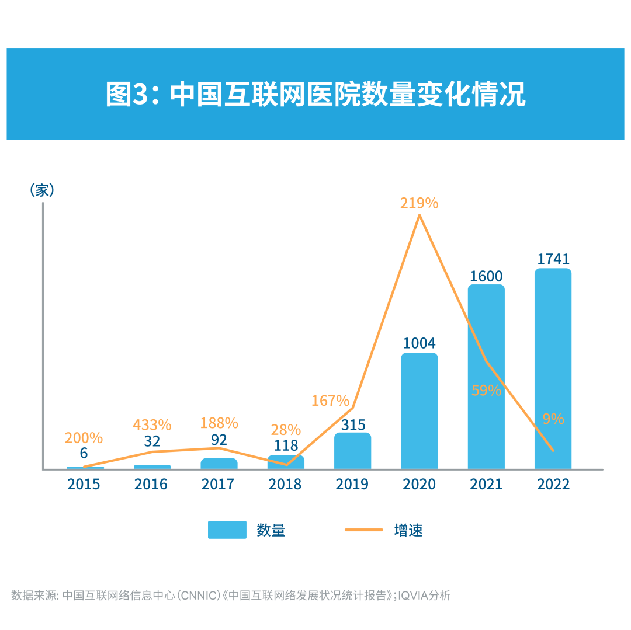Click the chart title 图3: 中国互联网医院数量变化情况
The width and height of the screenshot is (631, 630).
(315, 94)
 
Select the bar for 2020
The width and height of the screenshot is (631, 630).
(419, 411)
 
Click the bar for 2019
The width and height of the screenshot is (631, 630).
(352, 451)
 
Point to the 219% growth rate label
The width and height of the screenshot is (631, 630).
(419, 203)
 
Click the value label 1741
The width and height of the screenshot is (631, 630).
(553, 259)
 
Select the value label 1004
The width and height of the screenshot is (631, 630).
(419, 343)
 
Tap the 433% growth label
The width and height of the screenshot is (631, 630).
(152, 424)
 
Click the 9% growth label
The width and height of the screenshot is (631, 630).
(553, 419)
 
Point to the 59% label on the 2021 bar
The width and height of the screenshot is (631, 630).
(486, 391)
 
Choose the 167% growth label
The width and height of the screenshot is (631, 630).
(330, 401)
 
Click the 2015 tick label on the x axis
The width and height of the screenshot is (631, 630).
(84, 484)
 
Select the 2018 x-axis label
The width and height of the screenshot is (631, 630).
(285, 484)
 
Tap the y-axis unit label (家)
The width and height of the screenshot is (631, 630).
(42, 190)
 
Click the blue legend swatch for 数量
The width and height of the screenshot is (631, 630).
(227, 530)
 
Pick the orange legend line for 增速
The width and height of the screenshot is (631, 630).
(363, 530)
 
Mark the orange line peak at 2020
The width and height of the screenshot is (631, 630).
(419, 215)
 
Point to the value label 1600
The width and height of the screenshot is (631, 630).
(486, 276)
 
